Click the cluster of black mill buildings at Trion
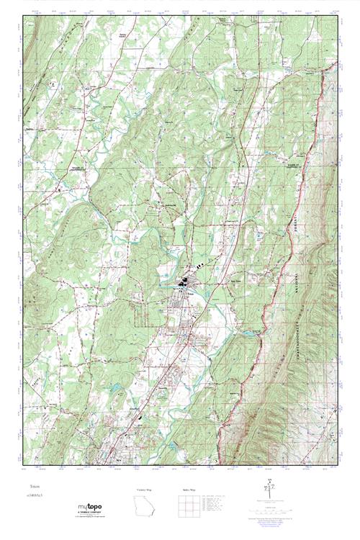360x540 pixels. (x=185, y=283)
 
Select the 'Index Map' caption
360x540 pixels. (x=189, y=490)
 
